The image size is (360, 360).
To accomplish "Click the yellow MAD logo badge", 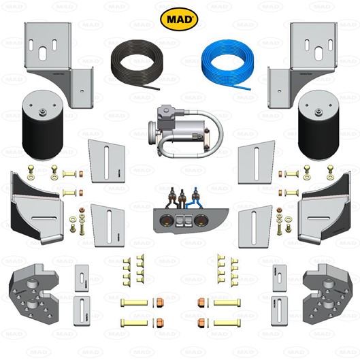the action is click(179, 19).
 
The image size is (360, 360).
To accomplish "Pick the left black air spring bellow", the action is click(42, 125).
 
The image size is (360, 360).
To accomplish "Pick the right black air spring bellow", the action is click(318, 125).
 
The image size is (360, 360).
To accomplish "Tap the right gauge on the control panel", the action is click(201, 220).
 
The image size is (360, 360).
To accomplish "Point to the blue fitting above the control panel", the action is click(195, 195).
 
